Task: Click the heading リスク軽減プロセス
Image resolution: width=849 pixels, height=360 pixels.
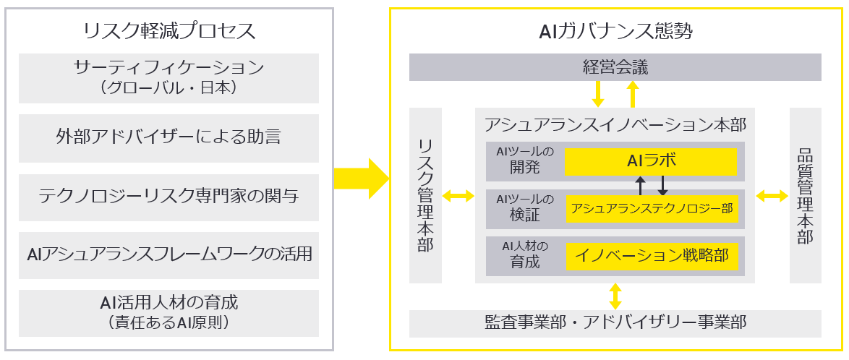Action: [x=169, y=31]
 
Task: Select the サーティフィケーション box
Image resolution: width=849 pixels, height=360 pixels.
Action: [x=168, y=77]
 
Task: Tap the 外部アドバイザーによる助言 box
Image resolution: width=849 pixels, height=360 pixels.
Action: [x=168, y=137]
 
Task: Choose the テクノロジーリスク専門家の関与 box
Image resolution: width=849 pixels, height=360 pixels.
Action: [x=168, y=196]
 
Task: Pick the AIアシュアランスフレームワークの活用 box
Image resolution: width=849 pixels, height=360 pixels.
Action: [x=168, y=254]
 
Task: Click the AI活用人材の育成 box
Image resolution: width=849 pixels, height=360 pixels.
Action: [x=168, y=312]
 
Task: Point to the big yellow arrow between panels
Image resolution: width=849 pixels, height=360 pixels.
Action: [x=361, y=178]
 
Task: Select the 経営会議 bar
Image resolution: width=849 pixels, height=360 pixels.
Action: [x=615, y=68]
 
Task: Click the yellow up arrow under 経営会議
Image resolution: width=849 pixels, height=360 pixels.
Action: [x=633, y=94]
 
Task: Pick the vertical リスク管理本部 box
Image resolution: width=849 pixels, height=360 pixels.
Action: [x=426, y=195]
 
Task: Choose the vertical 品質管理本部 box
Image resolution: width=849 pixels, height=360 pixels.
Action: [x=805, y=195]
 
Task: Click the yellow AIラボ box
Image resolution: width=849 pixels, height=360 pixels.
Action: [x=651, y=161]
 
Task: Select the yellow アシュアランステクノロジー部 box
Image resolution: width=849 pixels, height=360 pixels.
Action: [x=652, y=210]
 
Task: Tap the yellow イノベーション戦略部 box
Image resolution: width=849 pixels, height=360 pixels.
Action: [x=652, y=255]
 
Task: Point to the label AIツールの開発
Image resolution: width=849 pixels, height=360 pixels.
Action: [x=525, y=160]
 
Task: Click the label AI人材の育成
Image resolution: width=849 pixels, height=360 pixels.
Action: [x=525, y=254]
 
